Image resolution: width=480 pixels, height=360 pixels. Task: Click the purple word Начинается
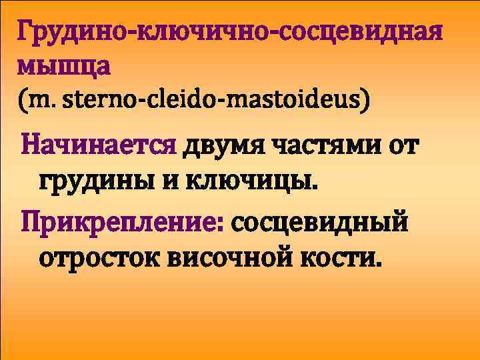(99, 145)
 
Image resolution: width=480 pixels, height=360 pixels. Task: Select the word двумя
(224, 145)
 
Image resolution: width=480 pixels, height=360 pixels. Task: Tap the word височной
(229, 256)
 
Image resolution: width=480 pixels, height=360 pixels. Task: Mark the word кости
(341, 256)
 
